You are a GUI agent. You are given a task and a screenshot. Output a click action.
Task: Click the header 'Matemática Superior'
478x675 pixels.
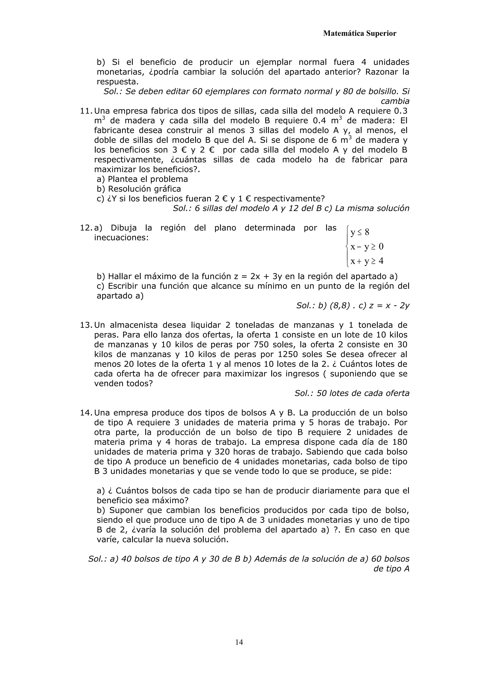[x=359, y=34]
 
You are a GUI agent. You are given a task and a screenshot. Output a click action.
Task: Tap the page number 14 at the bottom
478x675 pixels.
[x=239, y=642]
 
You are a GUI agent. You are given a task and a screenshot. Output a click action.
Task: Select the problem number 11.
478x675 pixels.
[x=86, y=111]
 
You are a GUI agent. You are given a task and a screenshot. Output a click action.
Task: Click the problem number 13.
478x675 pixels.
[x=86, y=325]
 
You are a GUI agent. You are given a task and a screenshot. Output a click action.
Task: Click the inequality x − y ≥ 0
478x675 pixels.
[x=367, y=246]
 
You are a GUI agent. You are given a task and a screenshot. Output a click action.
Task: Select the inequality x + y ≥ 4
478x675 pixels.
[x=367, y=261]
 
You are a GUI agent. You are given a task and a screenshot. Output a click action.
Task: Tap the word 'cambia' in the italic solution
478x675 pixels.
[x=395, y=101]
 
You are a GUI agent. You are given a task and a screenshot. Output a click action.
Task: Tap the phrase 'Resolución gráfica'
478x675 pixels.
[x=144, y=189]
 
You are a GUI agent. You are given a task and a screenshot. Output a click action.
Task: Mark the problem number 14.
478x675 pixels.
[x=86, y=413]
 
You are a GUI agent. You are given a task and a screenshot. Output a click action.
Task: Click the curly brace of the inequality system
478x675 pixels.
[x=348, y=246]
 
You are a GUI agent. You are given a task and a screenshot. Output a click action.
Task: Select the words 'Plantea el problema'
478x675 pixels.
[x=148, y=179]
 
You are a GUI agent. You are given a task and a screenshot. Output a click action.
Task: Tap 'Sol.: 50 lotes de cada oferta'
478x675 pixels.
[x=352, y=393]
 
